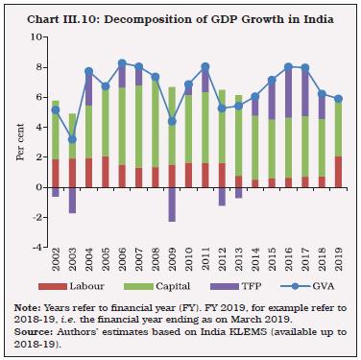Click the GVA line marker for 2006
coord(122,63)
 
